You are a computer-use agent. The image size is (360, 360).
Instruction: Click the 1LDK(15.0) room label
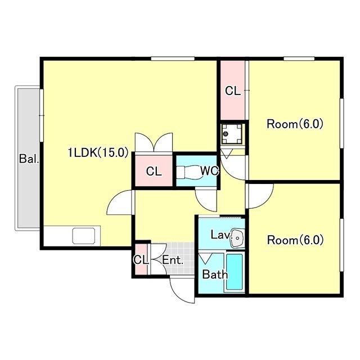(x=98, y=152)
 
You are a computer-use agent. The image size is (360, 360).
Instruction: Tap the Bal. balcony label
(x=29, y=159)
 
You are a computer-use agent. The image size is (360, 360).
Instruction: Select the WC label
(x=209, y=170)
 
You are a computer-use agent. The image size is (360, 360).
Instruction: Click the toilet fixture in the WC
(x=188, y=172)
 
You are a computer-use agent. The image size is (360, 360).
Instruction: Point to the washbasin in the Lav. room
(x=236, y=237)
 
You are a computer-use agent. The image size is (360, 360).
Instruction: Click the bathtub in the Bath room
(x=235, y=272)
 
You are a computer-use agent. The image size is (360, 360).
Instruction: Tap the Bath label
(x=215, y=274)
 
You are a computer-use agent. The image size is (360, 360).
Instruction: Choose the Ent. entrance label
(x=173, y=260)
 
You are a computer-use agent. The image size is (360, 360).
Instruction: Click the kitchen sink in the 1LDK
(x=84, y=236)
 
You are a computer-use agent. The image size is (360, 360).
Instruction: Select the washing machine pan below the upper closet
(x=231, y=134)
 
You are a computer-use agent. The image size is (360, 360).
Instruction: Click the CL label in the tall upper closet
(x=232, y=91)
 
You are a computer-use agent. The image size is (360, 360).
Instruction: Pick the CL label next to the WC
(x=154, y=171)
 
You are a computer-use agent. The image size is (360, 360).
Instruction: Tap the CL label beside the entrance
(x=141, y=260)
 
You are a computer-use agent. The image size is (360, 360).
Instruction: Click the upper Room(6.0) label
(x=295, y=124)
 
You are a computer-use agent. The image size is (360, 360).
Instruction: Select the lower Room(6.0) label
(x=295, y=240)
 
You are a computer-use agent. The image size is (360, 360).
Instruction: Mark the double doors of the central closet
(x=154, y=142)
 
